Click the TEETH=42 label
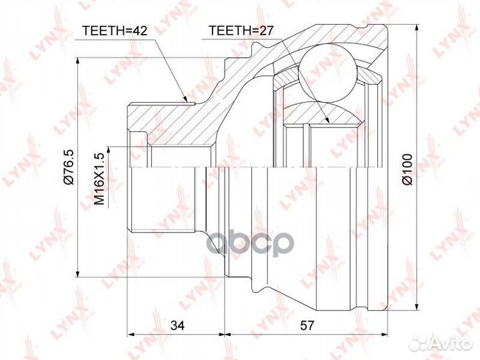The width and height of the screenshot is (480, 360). (x=115, y=31)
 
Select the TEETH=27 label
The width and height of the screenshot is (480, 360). (x=240, y=31)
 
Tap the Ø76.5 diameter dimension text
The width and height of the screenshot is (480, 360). (x=68, y=167)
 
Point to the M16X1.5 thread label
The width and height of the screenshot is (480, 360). (x=99, y=179)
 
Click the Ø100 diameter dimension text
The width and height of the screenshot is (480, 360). (x=408, y=169)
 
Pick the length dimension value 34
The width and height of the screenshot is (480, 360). (x=177, y=325)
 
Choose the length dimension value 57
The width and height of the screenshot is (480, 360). (x=307, y=325)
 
